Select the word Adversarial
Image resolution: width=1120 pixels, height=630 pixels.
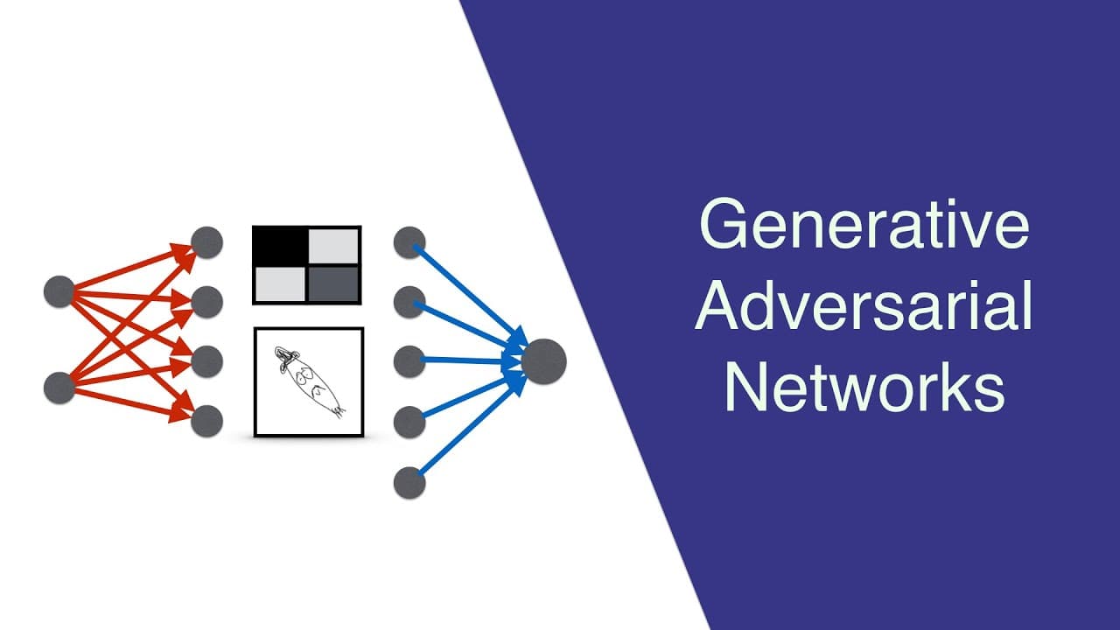(x=864, y=305)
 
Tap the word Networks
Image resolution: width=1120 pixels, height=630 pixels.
(x=865, y=387)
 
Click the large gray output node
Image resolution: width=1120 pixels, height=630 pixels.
(x=543, y=361)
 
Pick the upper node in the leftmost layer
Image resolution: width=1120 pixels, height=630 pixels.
(x=59, y=291)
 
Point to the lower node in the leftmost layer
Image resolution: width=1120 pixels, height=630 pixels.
(x=59, y=388)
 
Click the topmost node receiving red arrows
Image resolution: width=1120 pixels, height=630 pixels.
(x=206, y=242)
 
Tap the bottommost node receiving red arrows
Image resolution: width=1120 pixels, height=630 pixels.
(x=206, y=421)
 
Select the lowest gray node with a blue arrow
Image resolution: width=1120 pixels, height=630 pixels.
(x=409, y=482)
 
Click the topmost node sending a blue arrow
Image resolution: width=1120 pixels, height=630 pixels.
(x=409, y=242)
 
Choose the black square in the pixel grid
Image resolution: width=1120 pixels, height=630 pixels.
(x=281, y=246)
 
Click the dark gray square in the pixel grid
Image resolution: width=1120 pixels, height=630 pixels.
(x=333, y=283)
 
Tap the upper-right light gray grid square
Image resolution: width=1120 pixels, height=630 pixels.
(x=333, y=246)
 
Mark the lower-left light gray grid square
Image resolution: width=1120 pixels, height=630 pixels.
(x=280, y=283)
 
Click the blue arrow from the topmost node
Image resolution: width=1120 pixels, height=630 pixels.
(x=471, y=296)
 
